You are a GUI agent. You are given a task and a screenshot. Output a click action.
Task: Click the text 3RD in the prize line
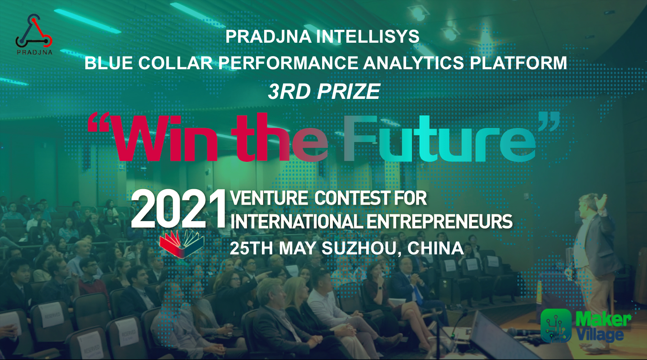289,91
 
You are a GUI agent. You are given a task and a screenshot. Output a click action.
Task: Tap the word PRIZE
348,91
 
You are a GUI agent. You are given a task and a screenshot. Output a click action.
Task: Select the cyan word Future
439,138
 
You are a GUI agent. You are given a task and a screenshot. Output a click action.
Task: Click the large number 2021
178,209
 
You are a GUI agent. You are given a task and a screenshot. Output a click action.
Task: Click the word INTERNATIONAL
297,222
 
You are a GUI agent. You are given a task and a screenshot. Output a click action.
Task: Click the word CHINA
435,248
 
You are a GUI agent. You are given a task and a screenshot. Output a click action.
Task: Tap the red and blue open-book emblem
182,244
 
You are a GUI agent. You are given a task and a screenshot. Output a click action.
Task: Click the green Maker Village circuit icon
556,325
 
